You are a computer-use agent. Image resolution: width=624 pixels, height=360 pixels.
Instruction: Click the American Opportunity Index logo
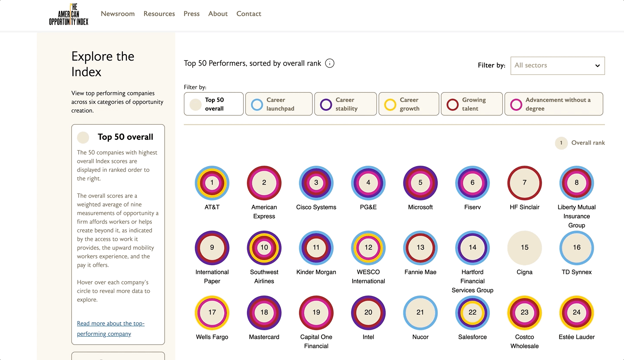pos(68,14)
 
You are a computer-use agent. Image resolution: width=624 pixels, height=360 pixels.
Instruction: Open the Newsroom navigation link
pos(118,14)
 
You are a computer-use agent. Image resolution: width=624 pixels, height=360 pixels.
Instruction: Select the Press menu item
pos(191,14)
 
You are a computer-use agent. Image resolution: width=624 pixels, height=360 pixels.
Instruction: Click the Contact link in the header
pos(249,14)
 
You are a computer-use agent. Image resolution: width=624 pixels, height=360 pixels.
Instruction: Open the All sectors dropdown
pos(557,65)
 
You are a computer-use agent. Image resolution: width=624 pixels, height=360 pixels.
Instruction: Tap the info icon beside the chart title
pos(330,64)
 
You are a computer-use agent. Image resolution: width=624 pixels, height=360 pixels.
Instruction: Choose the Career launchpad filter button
pos(279,104)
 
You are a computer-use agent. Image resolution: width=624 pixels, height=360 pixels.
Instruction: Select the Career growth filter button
pos(408,104)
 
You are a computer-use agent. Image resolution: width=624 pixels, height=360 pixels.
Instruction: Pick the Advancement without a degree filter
pos(553,104)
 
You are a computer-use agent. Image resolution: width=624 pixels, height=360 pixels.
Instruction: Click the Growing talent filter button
pos(472,104)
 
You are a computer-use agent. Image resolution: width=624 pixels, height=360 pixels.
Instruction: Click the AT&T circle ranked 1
pos(212,183)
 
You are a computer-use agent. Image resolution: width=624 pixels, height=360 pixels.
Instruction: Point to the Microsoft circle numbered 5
pos(420,183)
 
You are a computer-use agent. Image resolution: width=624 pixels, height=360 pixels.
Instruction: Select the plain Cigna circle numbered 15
pos(524,247)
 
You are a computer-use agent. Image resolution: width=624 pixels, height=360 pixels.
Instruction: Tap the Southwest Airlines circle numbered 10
pos(264,247)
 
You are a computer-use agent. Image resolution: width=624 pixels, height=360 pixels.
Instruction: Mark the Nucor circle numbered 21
pos(420,312)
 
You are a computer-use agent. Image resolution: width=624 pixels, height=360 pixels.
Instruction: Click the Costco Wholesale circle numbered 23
pos(524,312)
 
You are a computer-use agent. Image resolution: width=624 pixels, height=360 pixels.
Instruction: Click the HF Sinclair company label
pos(524,207)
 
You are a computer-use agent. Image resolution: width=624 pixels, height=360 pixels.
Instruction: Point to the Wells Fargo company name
pos(212,337)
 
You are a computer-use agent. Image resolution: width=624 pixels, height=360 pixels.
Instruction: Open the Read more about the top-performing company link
pos(111,328)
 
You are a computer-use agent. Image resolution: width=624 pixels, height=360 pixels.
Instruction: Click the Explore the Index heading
pos(103,64)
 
